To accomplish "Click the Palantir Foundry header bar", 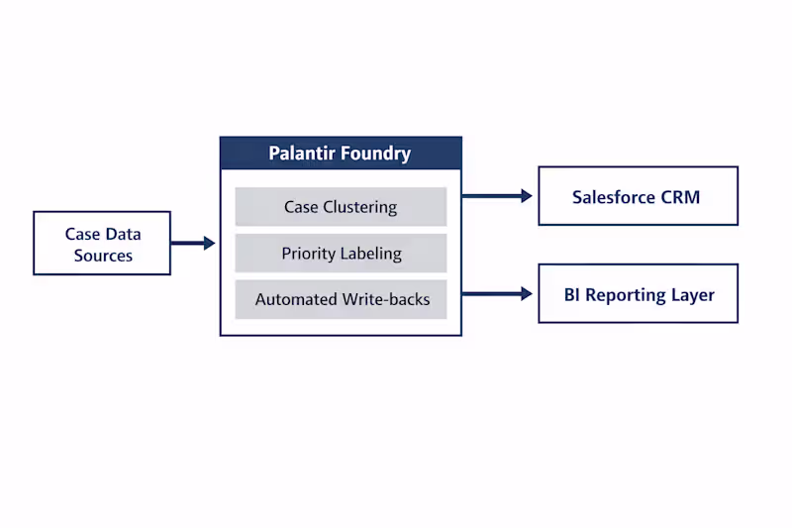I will tap(341, 154).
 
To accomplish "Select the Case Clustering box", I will tap(341, 207).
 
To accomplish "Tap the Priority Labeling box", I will tap(341, 254).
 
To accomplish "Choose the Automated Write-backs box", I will tap(341, 299).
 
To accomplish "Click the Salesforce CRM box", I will tap(638, 196).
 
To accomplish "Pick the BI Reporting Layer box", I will tap(638, 294).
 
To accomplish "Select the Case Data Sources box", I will tap(102, 244).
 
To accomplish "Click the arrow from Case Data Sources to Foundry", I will tap(193, 243).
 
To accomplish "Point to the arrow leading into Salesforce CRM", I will tap(498, 196).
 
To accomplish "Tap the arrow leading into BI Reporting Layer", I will tap(498, 293).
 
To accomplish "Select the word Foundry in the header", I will tap(375, 154).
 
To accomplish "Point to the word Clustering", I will tap(359, 207).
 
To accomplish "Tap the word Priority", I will tap(309, 254).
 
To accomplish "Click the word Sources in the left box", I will tap(102, 256).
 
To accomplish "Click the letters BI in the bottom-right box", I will tap(572, 294).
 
